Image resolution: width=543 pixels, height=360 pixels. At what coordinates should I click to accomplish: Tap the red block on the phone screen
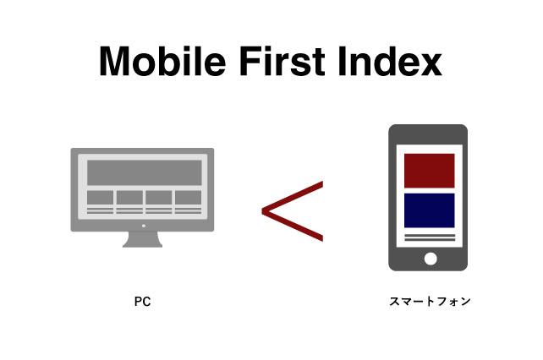tap(429, 172)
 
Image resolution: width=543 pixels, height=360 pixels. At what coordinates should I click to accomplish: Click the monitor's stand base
tap(142, 243)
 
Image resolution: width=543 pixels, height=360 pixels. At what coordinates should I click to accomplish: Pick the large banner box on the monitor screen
tap(142, 172)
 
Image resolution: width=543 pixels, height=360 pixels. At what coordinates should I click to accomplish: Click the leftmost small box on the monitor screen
tap(100, 198)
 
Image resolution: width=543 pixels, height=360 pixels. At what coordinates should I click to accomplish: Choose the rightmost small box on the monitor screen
tap(187, 198)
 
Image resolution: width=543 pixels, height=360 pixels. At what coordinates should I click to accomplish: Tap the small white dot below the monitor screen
tap(142, 226)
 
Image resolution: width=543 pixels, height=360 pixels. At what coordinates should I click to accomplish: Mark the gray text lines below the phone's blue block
tap(429, 237)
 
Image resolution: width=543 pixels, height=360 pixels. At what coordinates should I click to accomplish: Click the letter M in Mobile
tap(114, 61)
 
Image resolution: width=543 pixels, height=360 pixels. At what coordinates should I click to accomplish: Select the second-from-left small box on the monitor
tap(129, 198)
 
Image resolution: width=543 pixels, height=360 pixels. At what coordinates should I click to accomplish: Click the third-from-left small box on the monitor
tap(158, 198)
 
